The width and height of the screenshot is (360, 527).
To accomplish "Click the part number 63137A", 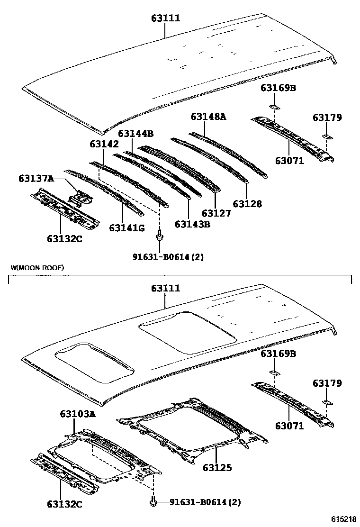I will pos(36,178).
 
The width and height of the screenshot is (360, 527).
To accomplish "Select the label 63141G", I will pos(126,228).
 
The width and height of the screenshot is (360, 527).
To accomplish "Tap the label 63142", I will pos(104,144).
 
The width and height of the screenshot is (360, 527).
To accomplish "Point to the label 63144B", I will pos(135,134).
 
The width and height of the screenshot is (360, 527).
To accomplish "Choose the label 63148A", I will pos(208,116).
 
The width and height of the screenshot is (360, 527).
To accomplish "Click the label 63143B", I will pos(192,224).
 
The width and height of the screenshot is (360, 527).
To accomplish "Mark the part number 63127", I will pos(216,213).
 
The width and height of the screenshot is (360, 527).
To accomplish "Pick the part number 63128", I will pos(247,204).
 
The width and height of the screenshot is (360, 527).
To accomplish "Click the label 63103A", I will pos(78,414).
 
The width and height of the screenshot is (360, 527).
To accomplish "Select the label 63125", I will pos(217,468).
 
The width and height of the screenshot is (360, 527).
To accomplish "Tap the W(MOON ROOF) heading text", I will pos(37,268).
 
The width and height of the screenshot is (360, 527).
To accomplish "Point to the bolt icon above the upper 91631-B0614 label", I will pos(160,235).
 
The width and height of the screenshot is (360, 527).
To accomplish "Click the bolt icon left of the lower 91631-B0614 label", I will pos(154,500).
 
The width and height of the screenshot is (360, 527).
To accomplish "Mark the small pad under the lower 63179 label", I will pos(326,402).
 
